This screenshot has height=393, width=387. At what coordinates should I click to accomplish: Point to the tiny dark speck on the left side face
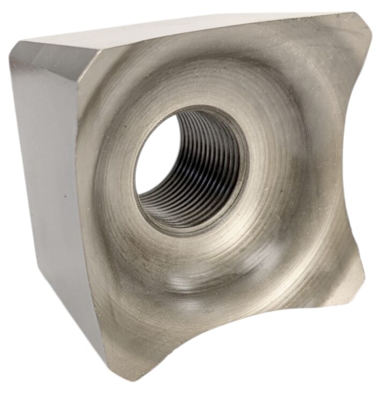[x=65, y=196]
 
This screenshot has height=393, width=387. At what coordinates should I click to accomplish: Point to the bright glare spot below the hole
[x=177, y=279]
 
